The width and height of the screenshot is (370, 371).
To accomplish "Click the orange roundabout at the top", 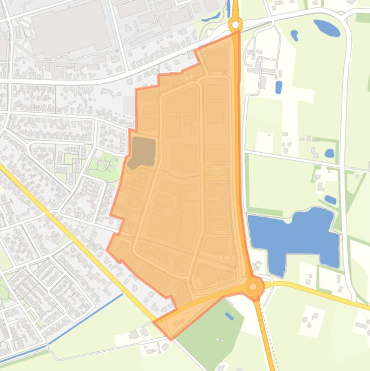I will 235,25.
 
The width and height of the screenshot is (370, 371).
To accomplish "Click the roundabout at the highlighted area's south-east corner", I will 254,288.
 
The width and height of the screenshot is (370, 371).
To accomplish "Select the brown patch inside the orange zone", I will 141,152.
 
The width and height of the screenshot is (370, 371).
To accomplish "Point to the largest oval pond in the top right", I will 327,28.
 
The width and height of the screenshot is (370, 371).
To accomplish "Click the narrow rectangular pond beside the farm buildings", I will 279,87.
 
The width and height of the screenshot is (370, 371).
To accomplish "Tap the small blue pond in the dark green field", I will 230,316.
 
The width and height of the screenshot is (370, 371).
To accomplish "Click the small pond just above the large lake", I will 331,199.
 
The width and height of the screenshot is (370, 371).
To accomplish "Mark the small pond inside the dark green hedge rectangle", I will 330,153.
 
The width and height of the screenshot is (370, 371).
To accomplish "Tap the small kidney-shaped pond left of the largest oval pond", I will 294,35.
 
